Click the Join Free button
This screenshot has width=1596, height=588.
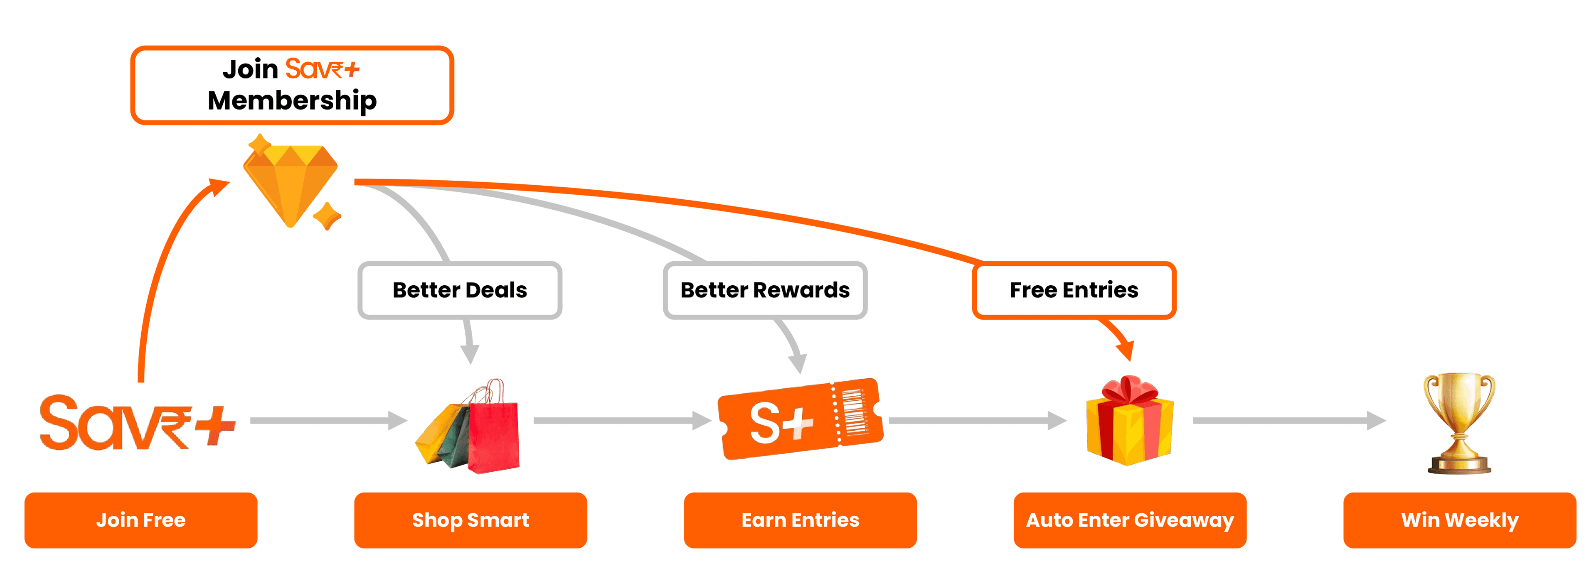tap(140, 520)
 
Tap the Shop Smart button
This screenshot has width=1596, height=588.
tap(470, 520)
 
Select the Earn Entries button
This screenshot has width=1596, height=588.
tap(800, 520)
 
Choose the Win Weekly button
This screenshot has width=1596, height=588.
tap(1459, 520)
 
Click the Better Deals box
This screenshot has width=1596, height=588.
tap(459, 290)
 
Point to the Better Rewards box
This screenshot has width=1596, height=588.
tap(765, 290)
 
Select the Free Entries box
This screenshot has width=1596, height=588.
tap(1074, 290)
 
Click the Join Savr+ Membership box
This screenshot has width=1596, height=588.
tap(292, 85)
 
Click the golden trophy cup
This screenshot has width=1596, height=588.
tap(1459, 421)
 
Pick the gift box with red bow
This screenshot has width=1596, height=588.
tap(1130, 424)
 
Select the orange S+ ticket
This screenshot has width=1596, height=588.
tap(799, 420)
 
